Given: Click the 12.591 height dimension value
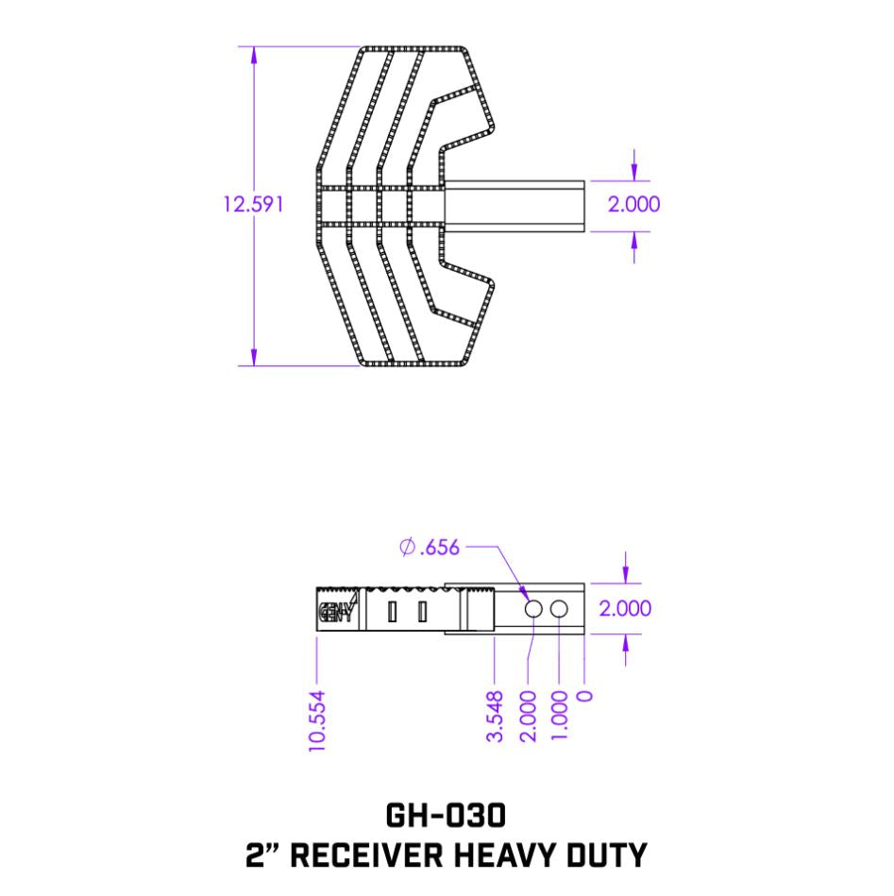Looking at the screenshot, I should (x=252, y=204).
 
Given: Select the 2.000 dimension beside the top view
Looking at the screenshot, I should (x=633, y=204).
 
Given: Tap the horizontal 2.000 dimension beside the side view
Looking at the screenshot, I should (x=625, y=609).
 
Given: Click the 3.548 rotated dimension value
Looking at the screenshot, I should (x=495, y=717).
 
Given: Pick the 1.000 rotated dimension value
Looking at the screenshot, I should (x=560, y=717).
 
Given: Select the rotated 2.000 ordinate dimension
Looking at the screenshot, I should (x=528, y=717).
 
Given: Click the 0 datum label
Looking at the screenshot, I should (x=586, y=698).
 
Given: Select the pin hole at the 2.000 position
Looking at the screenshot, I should (x=532, y=609).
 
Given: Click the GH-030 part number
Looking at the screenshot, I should (x=447, y=814).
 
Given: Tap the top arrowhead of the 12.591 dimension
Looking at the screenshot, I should (x=253, y=53).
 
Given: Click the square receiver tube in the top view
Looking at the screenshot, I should (x=514, y=205).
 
